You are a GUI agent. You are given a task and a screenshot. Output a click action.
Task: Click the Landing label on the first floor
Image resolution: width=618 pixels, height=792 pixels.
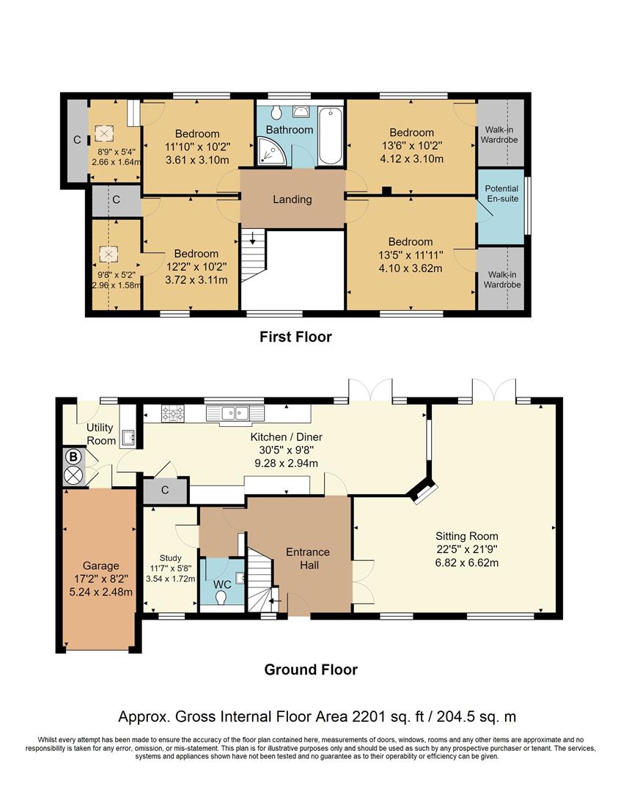tap(293, 199)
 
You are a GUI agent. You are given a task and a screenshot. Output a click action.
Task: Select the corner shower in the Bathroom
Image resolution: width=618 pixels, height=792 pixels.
tap(271, 150)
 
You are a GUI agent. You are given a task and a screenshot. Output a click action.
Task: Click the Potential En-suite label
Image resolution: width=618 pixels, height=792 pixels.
tap(502, 194)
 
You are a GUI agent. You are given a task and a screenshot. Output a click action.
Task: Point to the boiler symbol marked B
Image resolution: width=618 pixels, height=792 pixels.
tap(74, 457)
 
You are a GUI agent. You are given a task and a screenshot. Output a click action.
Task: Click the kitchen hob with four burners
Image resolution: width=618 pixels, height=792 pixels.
tap(173, 414)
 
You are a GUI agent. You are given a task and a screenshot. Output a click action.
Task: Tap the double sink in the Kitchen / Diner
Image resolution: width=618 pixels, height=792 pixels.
tap(235, 414)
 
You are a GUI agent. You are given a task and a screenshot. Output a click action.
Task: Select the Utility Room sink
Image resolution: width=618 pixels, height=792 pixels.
tap(128, 437)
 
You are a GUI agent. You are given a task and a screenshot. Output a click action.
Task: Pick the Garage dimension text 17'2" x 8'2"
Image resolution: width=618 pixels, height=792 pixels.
tap(101, 579)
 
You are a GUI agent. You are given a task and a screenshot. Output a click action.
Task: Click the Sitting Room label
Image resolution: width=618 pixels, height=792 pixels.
tap(466, 536)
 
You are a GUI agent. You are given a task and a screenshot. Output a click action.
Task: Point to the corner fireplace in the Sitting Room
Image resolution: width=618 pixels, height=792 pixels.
tap(422, 491)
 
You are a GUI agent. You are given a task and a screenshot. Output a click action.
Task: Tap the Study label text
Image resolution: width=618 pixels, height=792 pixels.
tap(170, 558)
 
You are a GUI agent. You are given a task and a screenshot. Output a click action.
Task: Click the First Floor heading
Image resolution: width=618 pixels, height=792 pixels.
tap(295, 337)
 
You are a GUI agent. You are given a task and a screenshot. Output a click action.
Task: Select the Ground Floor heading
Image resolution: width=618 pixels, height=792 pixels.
tap(311, 670)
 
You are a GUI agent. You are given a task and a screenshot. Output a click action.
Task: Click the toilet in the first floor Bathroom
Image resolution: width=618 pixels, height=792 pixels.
tap(276, 111)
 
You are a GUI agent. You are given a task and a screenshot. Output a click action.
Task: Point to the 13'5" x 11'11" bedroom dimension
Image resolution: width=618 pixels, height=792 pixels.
tap(411, 255)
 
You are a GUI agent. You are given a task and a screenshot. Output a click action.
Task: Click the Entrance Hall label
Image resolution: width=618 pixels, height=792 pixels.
tap(308, 559)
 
